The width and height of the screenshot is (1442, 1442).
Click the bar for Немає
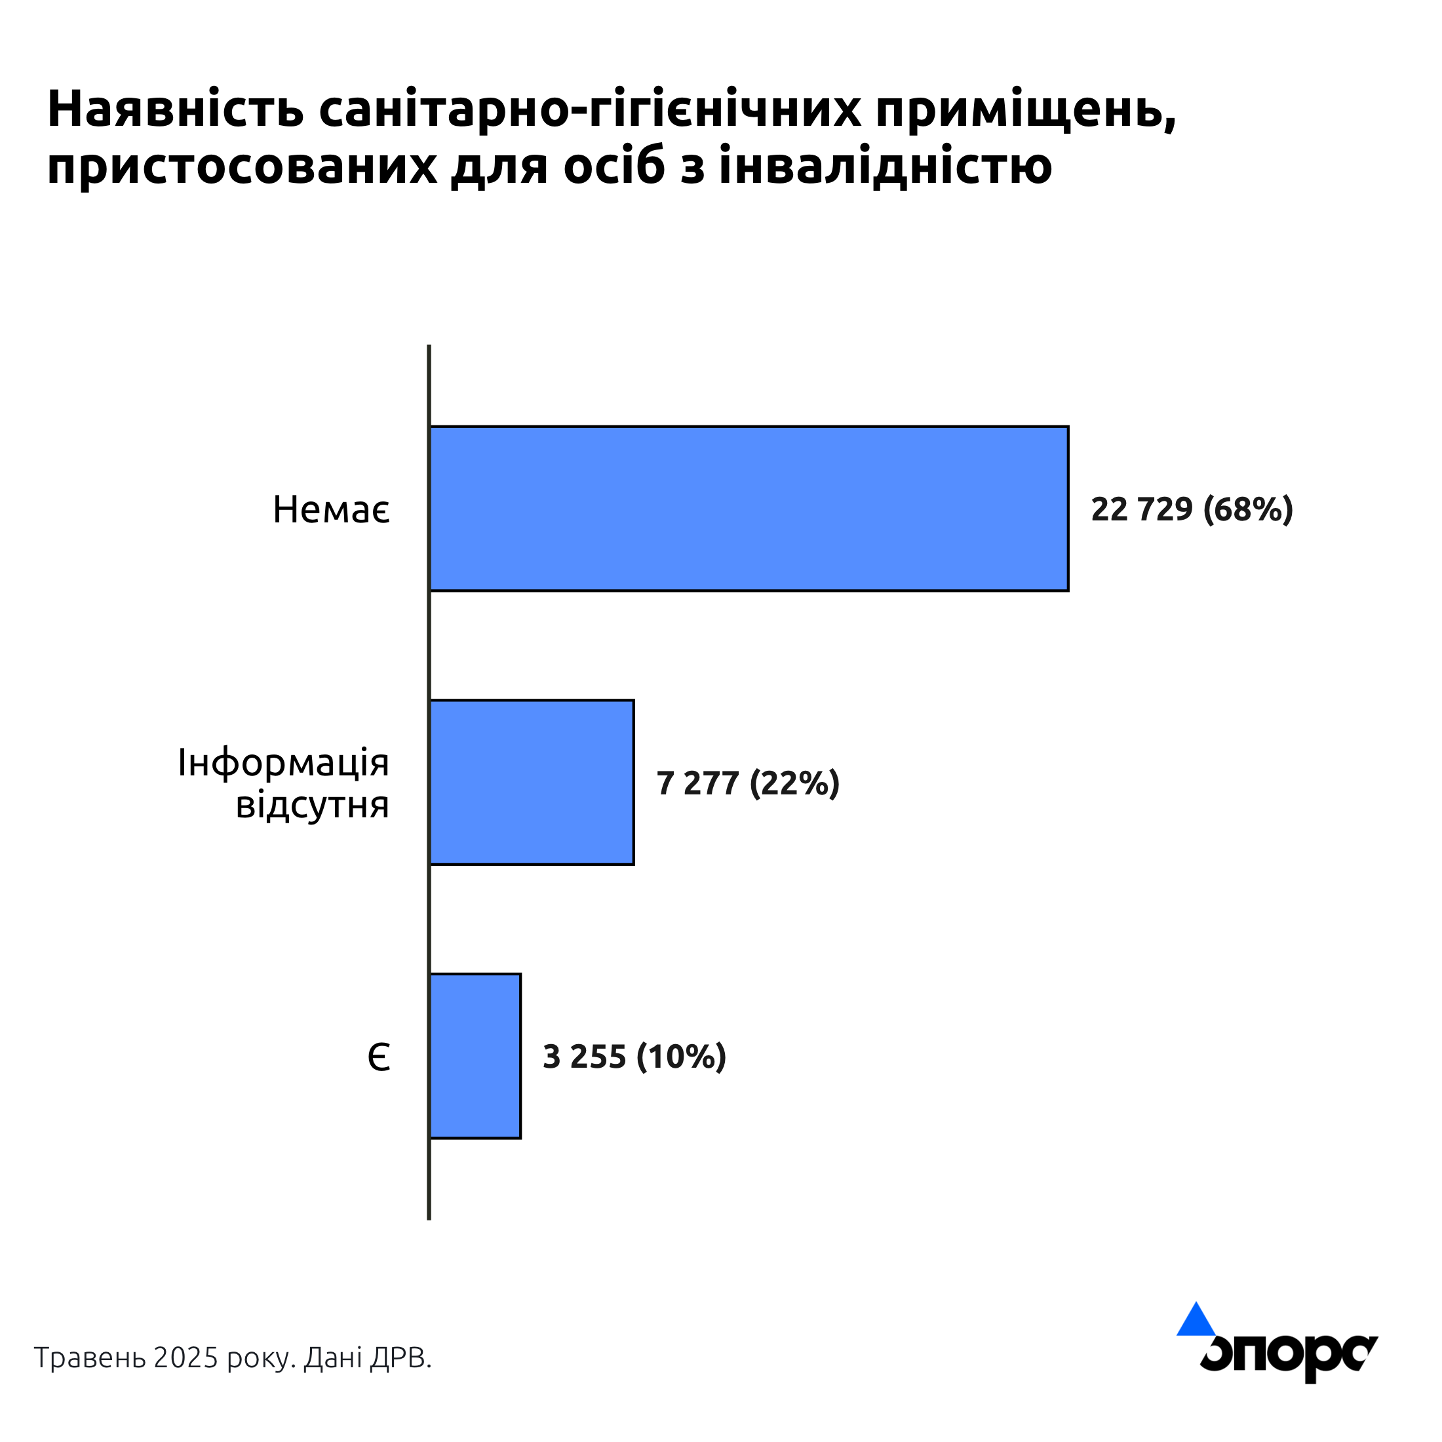tap(749, 508)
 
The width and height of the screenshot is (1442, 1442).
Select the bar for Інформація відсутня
tap(532, 782)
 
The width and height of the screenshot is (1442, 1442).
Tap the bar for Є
tap(475, 1056)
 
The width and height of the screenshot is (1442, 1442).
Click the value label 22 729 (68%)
tap(1191, 509)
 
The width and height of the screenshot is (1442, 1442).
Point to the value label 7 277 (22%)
tap(748, 783)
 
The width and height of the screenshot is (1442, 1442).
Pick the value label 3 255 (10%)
tap(634, 1057)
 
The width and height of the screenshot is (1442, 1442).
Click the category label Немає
tap(330, 510)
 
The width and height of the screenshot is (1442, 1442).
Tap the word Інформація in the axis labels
tap(284, 763)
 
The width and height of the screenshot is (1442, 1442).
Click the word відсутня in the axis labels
tap(312, 805)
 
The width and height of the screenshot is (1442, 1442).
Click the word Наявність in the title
tap(176, 109)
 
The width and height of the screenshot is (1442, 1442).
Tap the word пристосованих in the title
tap(242, 166)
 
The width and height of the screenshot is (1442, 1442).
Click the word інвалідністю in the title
tap(886, 166)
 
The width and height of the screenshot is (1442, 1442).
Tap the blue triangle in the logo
tap(1196, 1321)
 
